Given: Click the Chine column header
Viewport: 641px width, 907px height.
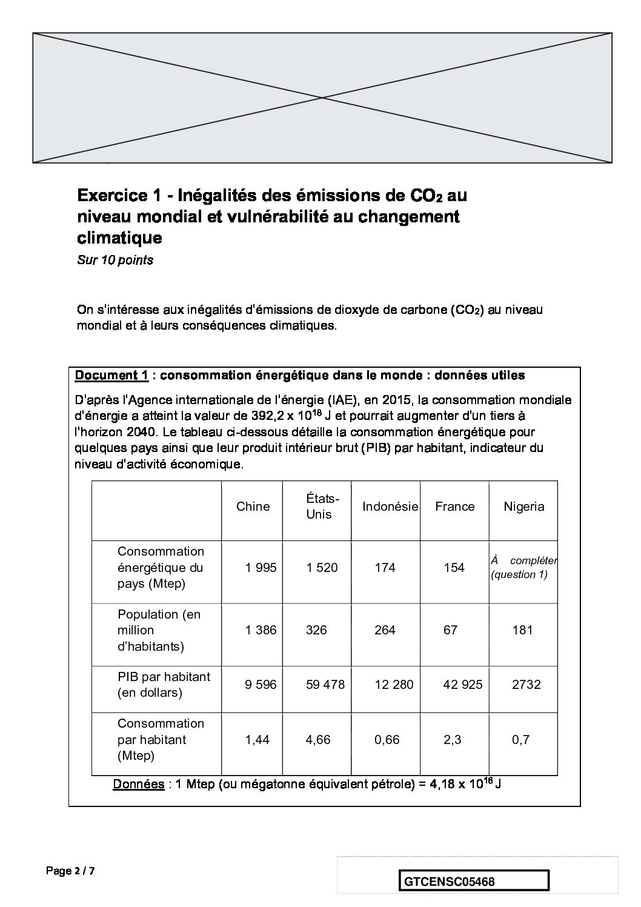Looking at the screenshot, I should pos(253,507).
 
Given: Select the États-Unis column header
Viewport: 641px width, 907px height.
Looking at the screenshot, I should pos(319,507).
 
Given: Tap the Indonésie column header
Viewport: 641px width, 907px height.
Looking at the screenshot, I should pos(390,507).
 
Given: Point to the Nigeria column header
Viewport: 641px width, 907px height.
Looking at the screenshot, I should pos(523,507).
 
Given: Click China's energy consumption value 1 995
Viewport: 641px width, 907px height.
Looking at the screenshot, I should pos(261,568).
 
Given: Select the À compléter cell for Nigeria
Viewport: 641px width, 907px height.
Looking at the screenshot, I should pos(523,568).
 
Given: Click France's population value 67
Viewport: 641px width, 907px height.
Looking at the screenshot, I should pos(450,630).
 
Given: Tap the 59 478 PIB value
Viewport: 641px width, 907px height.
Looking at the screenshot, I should pos(325,685).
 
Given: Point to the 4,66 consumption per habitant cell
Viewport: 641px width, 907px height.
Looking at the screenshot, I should pos(318,740).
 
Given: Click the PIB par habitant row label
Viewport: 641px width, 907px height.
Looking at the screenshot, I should pos(163,685).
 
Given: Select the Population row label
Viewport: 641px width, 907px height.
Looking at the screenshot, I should pos(159,630).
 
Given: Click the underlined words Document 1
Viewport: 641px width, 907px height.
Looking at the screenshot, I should pos(111,375).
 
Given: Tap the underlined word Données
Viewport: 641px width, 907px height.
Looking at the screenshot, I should pos(138,784).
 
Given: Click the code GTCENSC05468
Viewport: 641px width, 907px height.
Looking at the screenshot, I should pos(448,881).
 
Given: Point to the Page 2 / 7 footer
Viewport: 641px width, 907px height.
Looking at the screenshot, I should pos(70,871).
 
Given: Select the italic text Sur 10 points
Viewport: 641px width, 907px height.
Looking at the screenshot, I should pos(115,261).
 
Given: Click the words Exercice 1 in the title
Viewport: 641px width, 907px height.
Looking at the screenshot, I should pos(115,196).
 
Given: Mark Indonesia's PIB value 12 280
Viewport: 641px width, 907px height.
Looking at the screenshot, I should pos(394,685).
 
